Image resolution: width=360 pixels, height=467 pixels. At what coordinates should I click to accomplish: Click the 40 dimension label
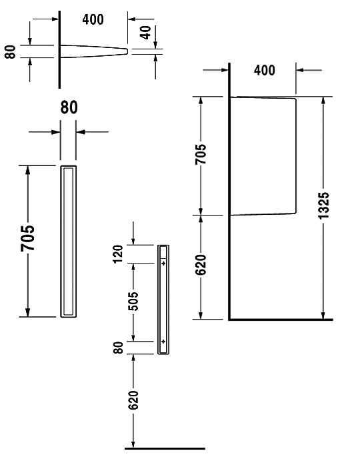tap(146, 33)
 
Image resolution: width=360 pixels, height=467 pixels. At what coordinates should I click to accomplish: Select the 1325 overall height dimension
tap(324, 205)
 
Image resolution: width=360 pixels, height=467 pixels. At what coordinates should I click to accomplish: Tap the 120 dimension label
tap(117, 254)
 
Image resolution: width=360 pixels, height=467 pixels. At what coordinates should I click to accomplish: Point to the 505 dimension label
tap(134, 302)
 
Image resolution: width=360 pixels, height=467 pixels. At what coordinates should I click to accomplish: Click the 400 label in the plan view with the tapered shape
tap(93, 19)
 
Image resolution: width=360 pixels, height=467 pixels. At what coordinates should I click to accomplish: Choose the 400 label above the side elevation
tap(265, 70)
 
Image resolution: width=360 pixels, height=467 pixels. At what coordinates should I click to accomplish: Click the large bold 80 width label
tap(69, 107)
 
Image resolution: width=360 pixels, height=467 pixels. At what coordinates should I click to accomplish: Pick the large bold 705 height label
tap(28, 238)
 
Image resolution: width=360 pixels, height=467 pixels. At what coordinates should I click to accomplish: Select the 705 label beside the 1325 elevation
tap(201, 154)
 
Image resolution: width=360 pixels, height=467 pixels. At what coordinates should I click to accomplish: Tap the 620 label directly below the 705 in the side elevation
tap(201, 265)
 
